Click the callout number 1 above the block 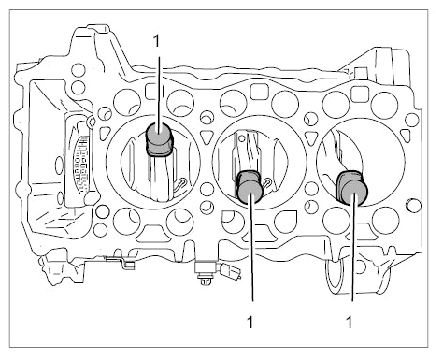tap(156, 41)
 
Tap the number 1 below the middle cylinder tap(250, 322)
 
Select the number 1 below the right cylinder tap(350, 322)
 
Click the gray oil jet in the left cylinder tap(159, 139)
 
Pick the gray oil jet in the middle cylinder tap(250, 187)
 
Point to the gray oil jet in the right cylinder tap(352, 188)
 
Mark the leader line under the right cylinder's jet tap(353, 247)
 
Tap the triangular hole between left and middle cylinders tap(205, 137)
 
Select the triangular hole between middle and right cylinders tap(310, 137)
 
